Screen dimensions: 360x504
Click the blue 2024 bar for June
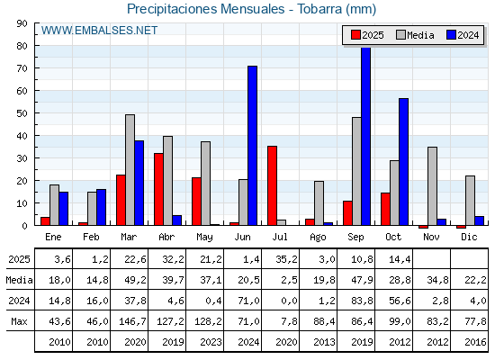(x=253, y=145)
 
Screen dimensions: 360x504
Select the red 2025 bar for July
(x=272, y=185)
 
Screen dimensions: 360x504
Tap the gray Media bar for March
(x=130, y=169)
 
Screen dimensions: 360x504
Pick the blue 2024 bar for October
(x=404, y=161)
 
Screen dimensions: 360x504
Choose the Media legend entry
(x=414, y=35)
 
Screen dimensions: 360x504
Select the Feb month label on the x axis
(x=92, y=236)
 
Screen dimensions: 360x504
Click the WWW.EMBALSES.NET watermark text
(x=99, y=31)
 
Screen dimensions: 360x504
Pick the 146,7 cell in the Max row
(x=130, y=321)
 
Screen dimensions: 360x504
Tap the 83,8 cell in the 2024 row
(x=357, y=301)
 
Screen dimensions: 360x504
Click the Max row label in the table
(x=17, y=321)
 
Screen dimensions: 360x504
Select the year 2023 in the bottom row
(x=206, y=342)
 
